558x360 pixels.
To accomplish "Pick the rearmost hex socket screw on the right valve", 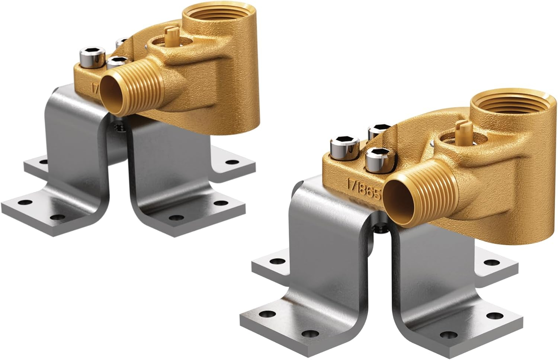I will tap(378, 131).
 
